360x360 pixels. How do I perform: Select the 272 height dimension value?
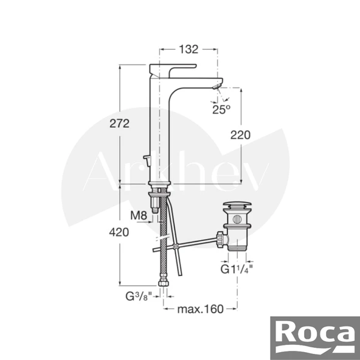click(120, 124)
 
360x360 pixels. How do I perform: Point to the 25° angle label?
click(221, 109)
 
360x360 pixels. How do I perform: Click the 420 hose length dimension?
click(120, 232)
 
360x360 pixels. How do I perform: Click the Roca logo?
click(316, 335)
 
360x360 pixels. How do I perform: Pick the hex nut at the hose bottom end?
click(162, 283)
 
